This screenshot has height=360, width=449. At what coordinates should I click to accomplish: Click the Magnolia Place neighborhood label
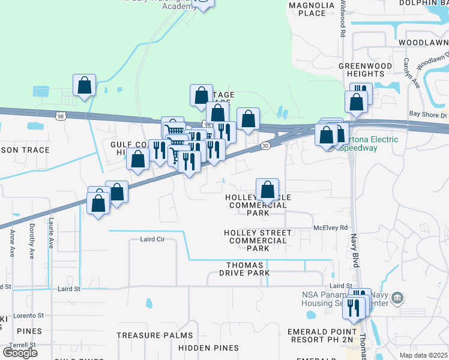click(x=311, y=9)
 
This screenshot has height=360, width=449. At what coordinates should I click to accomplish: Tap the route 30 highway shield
click(x=265, y=146)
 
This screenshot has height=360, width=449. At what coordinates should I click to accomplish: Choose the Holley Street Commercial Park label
click(x=258, y=240)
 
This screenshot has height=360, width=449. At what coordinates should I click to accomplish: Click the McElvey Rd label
click(x=331, y=228)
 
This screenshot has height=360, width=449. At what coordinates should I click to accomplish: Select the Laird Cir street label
click(x=152, y=239)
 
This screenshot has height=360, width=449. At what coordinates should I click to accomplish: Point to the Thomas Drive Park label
click(x=244, y=269)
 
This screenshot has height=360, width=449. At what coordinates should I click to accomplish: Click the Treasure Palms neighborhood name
click(x=155, y=335)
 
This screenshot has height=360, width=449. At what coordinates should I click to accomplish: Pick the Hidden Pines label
click(x=208, y=348)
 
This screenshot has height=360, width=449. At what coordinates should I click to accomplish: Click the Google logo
click(x=20, y=352)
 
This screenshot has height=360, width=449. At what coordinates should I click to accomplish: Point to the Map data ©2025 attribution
click(x=424, y=355)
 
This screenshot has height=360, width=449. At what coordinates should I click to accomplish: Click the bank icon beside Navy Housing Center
click(x=397, y=298)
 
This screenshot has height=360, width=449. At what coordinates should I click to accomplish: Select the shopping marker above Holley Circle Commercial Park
click(x=268, y=190)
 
